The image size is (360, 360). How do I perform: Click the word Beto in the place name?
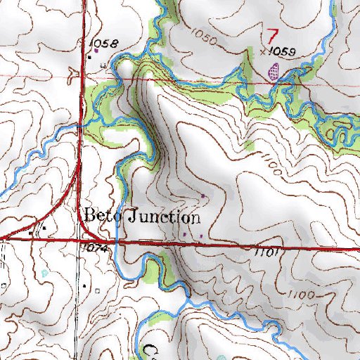[x=103, y=216]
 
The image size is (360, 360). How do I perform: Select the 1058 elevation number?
[x=104, y=44]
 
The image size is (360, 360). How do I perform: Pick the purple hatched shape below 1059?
[x=274, y=70]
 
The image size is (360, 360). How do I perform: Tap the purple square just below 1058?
[x=96, y=50]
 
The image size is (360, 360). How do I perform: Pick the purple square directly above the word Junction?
[x=203, y=195]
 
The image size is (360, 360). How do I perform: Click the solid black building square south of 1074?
[x=86, y=286]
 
